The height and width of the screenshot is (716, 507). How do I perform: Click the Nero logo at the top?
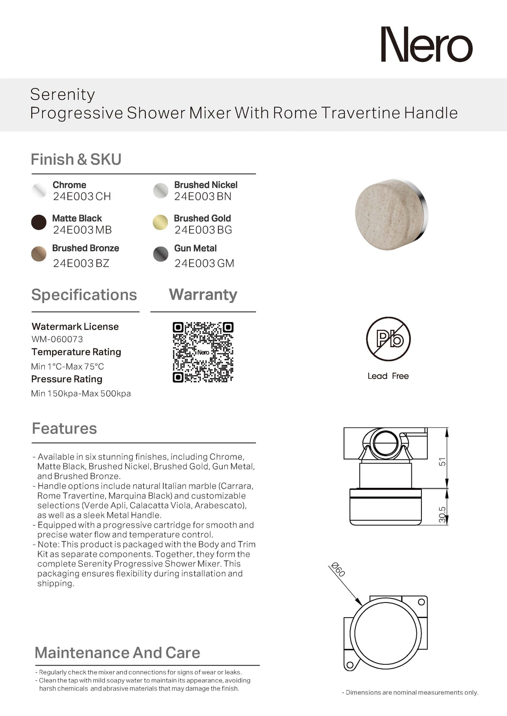[x=426, y=45]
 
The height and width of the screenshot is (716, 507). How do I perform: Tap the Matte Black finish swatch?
[x=39, y=222]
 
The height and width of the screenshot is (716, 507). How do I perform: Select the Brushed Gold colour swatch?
[x=160, y=222]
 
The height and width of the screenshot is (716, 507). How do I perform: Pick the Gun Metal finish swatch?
[x=161, y=254]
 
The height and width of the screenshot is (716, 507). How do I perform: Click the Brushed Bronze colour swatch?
[x=39, y=254]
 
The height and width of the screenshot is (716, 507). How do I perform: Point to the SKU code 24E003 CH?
[x=82, y=197]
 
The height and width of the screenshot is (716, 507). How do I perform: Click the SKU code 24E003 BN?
[x=203, y=197]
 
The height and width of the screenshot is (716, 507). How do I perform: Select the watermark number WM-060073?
[x=57, y=339]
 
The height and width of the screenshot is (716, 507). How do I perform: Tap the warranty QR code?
[x=203, y=352]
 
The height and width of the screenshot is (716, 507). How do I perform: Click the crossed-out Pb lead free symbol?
[x=388, y=338]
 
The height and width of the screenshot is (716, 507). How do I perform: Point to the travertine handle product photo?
[x=391, y=215]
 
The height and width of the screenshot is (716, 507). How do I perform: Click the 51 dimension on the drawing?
[x=442, y=461]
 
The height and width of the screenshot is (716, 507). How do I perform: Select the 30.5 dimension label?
[x=442, y=514]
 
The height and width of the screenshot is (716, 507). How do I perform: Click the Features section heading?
[x=64, y=429]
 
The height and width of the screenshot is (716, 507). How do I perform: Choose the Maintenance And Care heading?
[x=117, y=653]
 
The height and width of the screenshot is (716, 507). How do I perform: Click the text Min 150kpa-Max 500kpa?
[x=81, y=393]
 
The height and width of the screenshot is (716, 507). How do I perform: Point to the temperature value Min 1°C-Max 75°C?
[x=68, y=366]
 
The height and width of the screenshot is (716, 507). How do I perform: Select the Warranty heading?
[x=203, y=295]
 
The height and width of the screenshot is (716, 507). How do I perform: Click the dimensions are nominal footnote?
[x=410, y=692]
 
